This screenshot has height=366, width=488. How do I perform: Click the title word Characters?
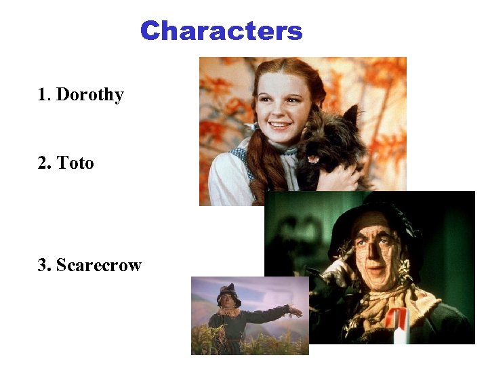(221, 31)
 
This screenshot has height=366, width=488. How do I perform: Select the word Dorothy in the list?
(89, 95)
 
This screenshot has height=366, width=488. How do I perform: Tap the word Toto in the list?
(75, 163)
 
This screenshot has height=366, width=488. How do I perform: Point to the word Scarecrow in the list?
(98, 265)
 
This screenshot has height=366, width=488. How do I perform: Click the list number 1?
(42, 95)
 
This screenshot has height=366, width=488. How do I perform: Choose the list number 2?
(43, 163)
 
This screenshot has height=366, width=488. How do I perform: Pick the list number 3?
(43, 265)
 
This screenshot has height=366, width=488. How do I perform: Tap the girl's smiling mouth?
(279, 126)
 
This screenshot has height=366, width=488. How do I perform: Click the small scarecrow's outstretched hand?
(294, 311)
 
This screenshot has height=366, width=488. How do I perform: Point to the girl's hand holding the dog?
(346, 178)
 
